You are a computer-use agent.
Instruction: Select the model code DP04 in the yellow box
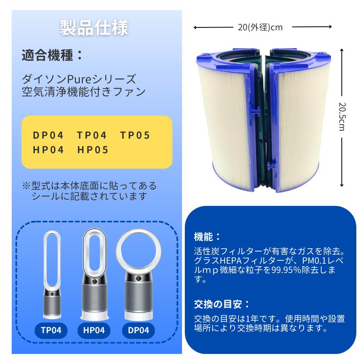49,135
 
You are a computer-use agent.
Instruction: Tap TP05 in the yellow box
135,135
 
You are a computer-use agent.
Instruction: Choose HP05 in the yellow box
93,150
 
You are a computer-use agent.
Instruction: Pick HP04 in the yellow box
49,150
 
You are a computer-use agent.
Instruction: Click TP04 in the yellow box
92,135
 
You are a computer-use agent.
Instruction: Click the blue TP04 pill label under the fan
51,330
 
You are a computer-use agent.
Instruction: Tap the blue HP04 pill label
94,330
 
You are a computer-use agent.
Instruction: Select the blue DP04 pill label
138,330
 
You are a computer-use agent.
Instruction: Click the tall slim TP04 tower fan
51,275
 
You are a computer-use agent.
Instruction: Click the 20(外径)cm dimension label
260,28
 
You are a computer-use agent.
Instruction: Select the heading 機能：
207,236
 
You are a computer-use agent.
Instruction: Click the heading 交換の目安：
222,303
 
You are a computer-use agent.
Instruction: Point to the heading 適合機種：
53,55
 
